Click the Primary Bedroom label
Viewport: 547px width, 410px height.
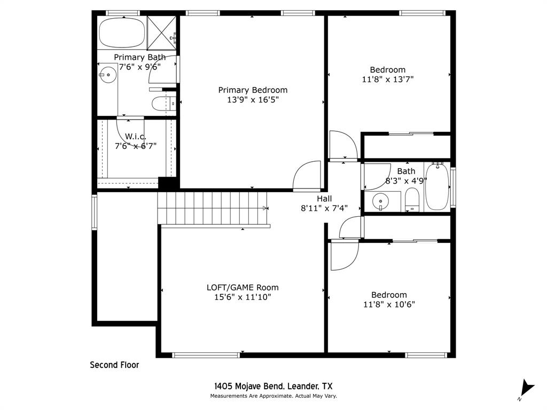(x=253, y=90)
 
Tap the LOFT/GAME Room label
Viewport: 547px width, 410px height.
(x=243, y=288)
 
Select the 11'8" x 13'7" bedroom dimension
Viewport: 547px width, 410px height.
(x=388, y=80)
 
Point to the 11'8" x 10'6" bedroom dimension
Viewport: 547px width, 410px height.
(x=389, y=304)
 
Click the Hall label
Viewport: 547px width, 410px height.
(x=324, y=199)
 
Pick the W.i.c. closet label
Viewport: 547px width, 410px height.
(x=135, y=136)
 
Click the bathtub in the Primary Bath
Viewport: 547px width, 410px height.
(x=122, y=33)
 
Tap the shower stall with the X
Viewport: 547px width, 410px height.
(x=161, y=33)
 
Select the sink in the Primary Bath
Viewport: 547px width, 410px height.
(x=108, y=75)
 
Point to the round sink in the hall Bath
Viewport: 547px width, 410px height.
(x=380, y=201)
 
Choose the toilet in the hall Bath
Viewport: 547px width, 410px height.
(x=412, y=200)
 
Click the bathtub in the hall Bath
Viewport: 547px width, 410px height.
(x=437, y=186)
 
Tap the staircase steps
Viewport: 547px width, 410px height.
(x=212, y=208)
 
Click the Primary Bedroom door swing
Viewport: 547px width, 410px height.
(x=307, y=175)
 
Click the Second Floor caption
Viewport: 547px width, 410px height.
(x=114, y=365)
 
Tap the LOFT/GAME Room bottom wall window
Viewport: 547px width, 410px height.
(x=206, y=355)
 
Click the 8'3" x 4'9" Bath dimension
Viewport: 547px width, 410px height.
(x=406, y=181)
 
